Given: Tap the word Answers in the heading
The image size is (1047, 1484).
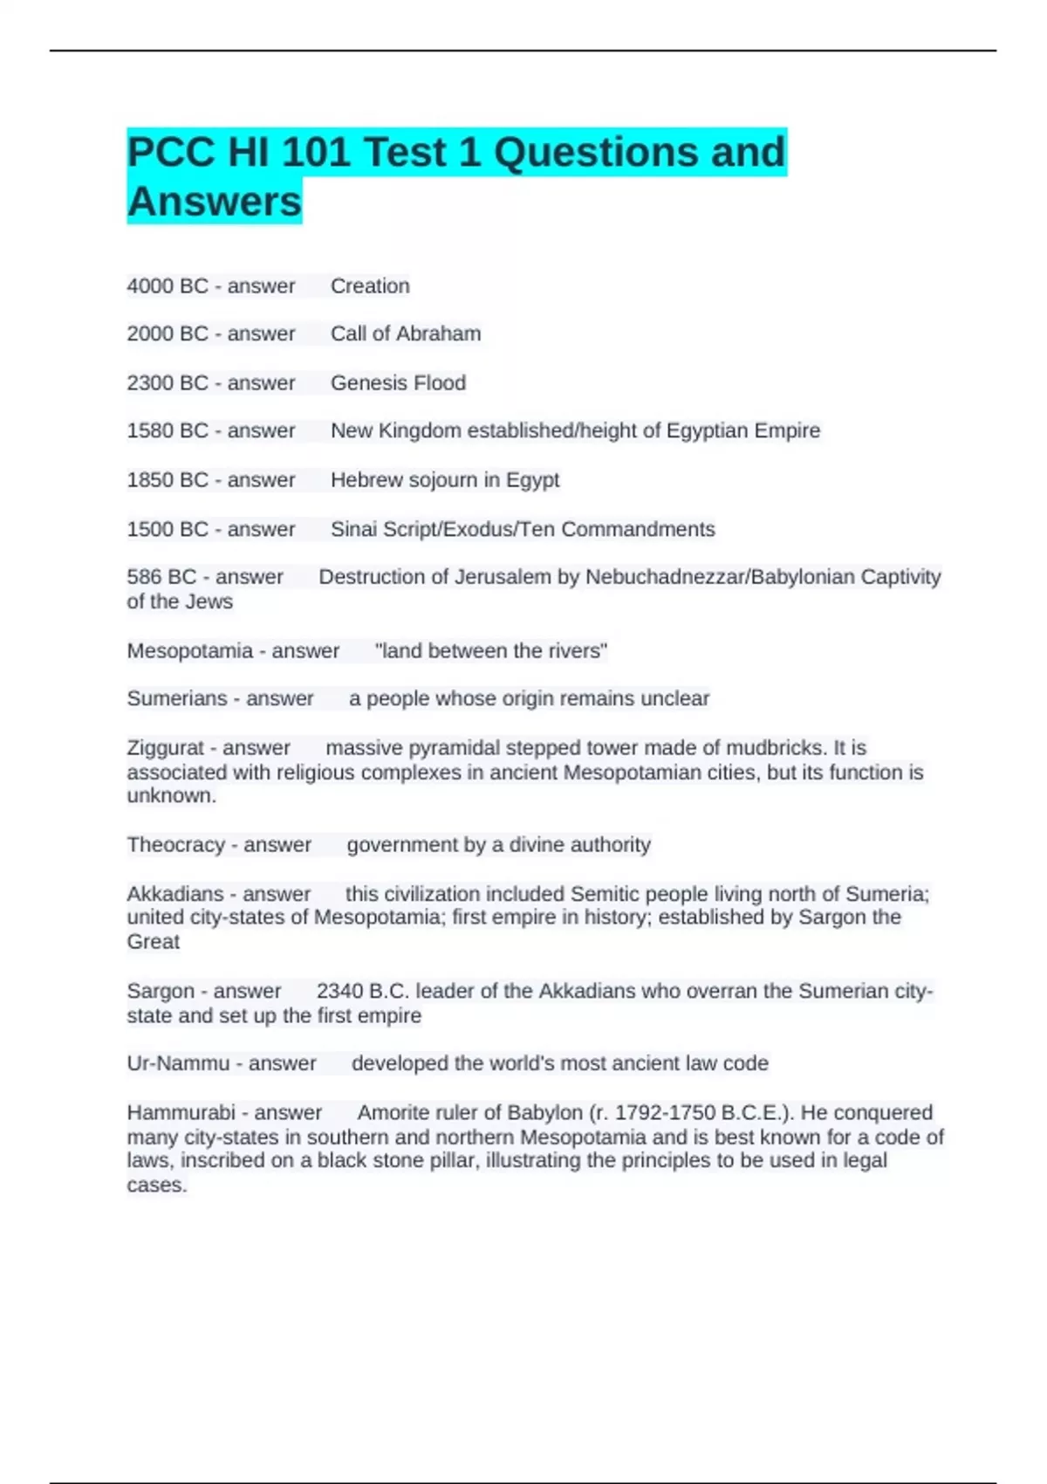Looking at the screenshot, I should [x=214, y=202].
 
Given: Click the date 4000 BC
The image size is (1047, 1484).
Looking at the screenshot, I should [x=168, y=286].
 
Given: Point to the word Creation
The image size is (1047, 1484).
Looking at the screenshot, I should [x=370, y=286].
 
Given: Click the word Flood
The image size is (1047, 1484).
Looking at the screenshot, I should [x=440, y=383].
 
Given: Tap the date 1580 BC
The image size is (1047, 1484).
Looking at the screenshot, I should [x=168, y=431].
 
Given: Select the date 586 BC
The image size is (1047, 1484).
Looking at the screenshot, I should [x=161, y=577].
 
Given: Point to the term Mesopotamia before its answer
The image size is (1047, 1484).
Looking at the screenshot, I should [x=189, y=651].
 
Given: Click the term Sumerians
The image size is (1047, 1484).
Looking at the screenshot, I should [x=177, y=698].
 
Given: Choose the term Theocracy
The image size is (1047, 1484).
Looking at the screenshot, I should [x=176, y=845].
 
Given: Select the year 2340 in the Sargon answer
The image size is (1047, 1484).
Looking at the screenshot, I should [x=339, y=992].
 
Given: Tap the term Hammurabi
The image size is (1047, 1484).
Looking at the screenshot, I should [x=181, y=1113].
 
